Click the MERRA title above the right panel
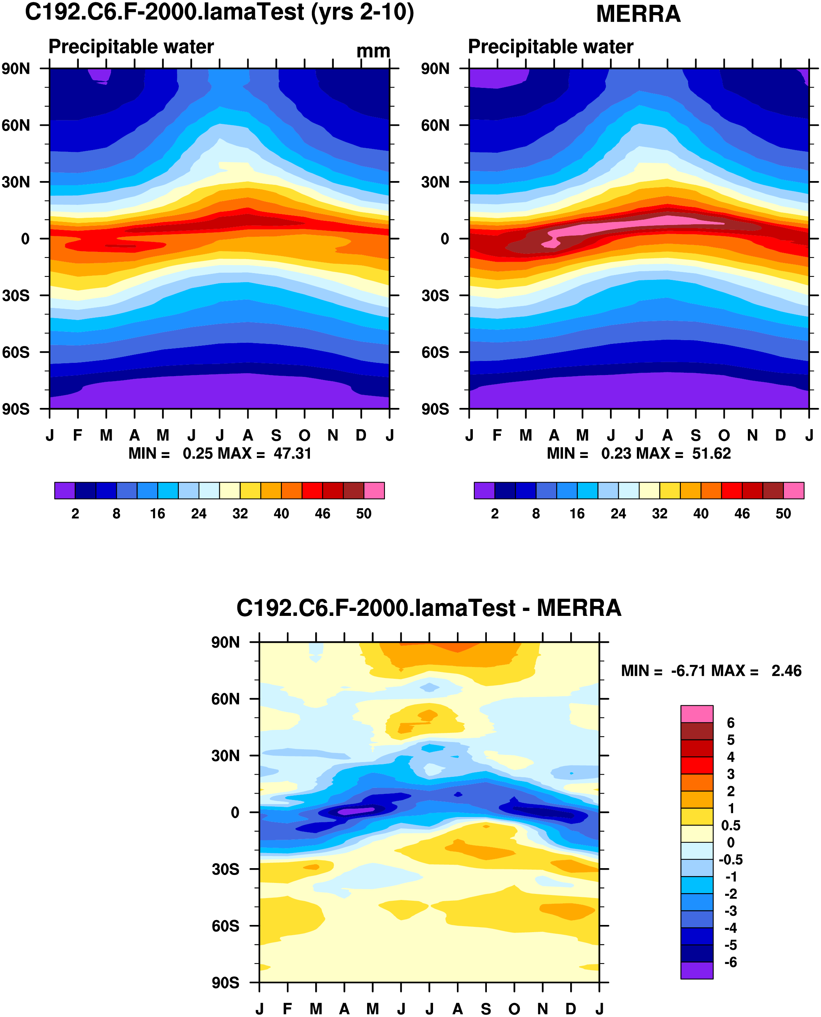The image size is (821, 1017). pyautogui.click(x=638, y=14)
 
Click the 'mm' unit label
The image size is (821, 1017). pyautogui.click(x=373, y=51)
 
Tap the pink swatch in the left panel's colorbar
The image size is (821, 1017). pyautogui.click(x=374, y=490)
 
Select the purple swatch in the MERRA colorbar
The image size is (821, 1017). pyautogui.click(x=484, y=490)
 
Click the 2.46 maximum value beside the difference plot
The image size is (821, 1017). pyautogui.click(x=787, y=670)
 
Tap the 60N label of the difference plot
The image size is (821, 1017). pyautogui.click(x=225, y=699)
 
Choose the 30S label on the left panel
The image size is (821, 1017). pyautogui.click(x=16, y=295)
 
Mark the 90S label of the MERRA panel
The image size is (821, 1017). pyautogui.click(x=435, y=409)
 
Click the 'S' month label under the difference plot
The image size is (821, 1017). pyautogui.click(x=486, y=1009)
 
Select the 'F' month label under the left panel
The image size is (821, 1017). pyautogui.click(x=78, y=435)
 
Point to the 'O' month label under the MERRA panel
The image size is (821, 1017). pyautogui.click(x=724, y=435)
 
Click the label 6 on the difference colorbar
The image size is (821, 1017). pyautogui.click(x=731, y=722)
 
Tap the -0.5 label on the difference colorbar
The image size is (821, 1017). pyautogui.click(x=731, y=859)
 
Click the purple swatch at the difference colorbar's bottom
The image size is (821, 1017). pyautogui.click(x=697, y=970)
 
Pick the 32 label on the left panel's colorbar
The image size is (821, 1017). pyautogui.click(x=240, y=514)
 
